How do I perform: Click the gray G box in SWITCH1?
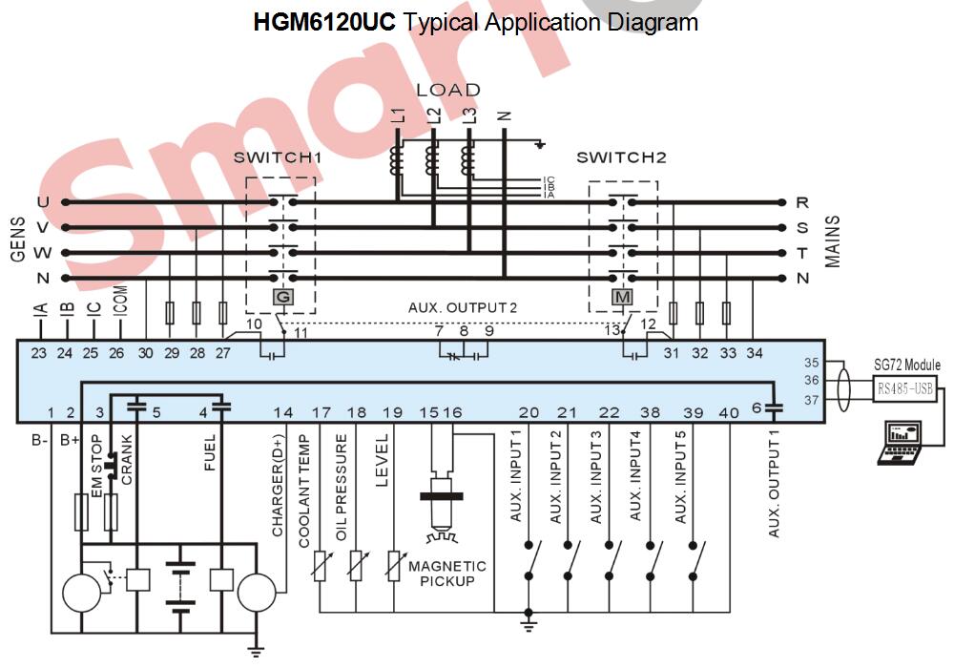point(281,298)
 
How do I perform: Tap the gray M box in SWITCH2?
point(623,298)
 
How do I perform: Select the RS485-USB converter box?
point(905,387)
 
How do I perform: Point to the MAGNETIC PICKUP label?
point(447,574)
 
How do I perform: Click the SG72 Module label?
point(906,365)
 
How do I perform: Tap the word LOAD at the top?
point(448,90)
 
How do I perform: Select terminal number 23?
point(38,353)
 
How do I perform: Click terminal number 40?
point(729,412)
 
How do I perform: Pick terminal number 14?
point(283,412)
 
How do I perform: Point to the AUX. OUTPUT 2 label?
point(463,307)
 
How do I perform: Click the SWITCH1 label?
point(274,157)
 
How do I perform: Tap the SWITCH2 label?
point(621,157)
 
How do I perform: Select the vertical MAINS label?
point(833,240)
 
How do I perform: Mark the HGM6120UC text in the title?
point(324,21)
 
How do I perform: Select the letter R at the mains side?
point(802,202)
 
